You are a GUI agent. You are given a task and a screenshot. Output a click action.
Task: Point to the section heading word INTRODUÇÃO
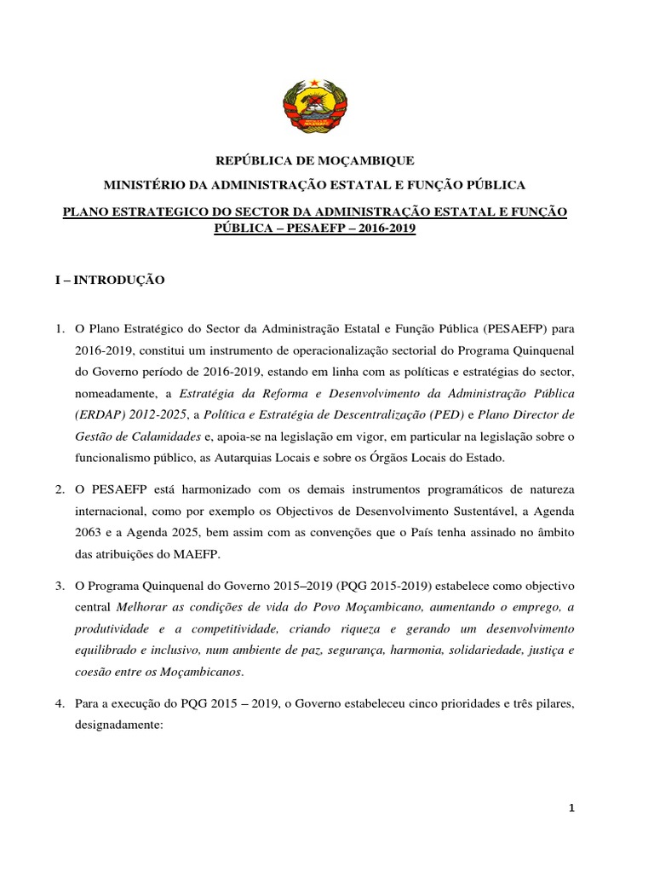click(119, 280)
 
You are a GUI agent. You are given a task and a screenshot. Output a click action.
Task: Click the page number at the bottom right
click(572, 809)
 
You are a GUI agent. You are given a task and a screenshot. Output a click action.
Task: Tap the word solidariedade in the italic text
click(463, 650)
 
